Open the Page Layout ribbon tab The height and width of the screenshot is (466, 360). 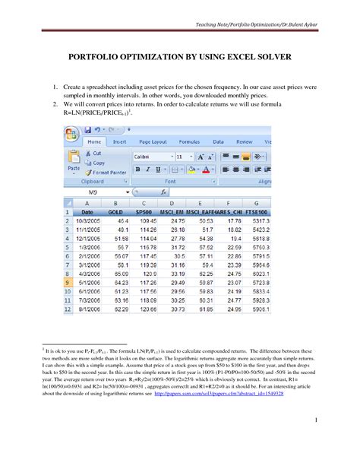[x=148, y=141]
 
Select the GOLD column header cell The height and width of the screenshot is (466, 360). [x=115, y=212]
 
